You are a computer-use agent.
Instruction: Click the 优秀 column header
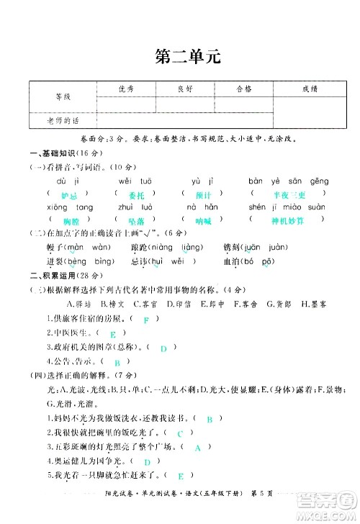click(x=126, y=89)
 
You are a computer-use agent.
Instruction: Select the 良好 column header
click(x=185, y=89)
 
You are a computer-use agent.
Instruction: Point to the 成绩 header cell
click(x=310, y=89)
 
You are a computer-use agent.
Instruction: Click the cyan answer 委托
click(x=136, y=195)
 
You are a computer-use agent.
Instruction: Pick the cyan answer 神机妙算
click(x=288, y=220)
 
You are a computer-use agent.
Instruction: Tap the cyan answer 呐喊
click(x=204, y=220)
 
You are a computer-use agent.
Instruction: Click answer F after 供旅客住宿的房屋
click(x=146, y=320)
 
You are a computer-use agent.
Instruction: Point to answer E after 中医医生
click(x=113, y=335)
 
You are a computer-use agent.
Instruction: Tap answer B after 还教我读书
click(x=209, y=418)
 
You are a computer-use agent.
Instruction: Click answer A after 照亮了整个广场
click(x=197, y=448)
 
